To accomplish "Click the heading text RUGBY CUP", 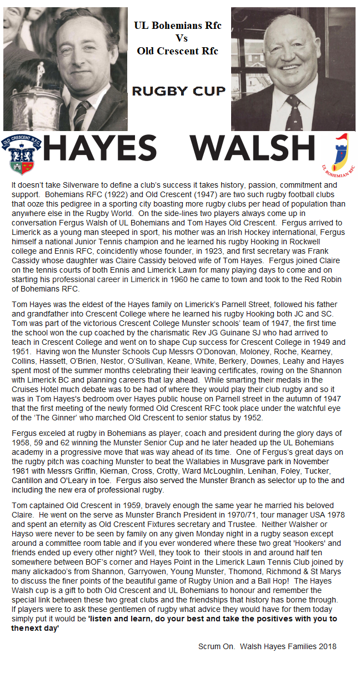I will tap(178, 91).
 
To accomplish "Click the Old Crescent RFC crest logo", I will tap(21, 154).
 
